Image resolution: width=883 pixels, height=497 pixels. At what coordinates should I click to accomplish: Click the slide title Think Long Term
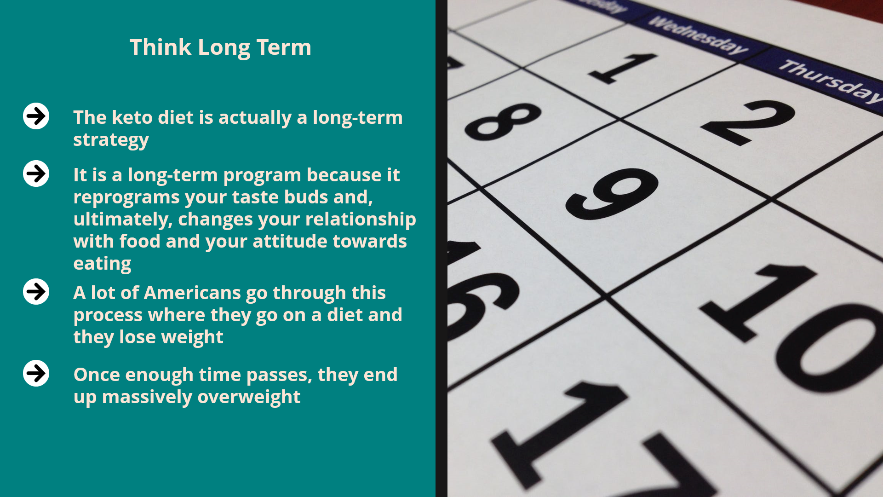220,47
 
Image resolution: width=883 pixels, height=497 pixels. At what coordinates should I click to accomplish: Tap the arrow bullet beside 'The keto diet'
36,116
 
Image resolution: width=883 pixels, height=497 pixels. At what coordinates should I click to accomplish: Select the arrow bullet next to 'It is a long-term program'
36,173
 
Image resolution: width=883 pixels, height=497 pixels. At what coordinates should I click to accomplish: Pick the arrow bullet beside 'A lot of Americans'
36,291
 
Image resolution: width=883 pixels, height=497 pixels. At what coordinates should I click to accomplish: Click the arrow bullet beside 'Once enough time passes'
36,373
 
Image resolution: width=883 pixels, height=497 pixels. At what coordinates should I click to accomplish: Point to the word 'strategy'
111,140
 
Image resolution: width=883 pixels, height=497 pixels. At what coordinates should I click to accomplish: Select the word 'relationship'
360,220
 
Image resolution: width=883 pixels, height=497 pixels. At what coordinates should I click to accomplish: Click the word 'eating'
102,264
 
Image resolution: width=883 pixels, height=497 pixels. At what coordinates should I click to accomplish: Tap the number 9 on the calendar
612,193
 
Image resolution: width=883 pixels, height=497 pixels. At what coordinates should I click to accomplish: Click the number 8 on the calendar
503,121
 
